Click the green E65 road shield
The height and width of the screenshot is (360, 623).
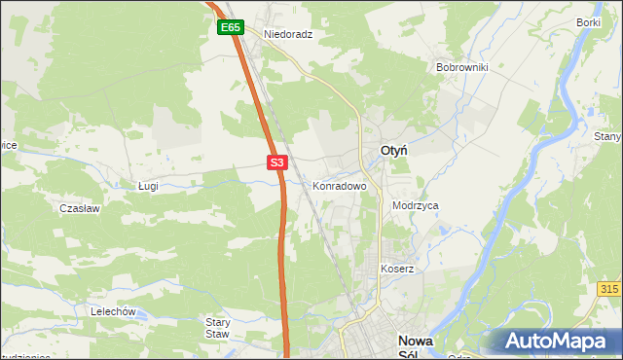(x=230, y=28)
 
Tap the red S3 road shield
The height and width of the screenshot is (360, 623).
(x=277, y=163)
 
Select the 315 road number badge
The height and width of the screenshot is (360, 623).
(x=610, y=290)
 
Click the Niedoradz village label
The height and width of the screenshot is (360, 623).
(x=287, y=33)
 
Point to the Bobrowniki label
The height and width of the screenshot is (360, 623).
(x=461, y=68)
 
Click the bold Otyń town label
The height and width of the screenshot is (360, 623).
(x=393, y=151)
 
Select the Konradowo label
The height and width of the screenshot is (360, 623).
(x=339, y=186)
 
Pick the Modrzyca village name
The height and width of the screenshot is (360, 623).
(x=416, y=206)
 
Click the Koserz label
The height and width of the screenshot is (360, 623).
(x=397, y=269)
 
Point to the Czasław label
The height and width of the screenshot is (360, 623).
(x=77, y=208)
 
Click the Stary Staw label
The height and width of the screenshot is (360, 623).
(x=218, y=328)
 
